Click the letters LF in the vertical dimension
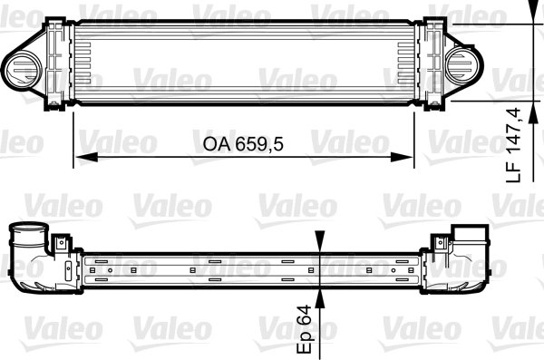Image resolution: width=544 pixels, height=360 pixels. [514, 169]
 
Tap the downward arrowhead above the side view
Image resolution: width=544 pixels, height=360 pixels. [318, 243]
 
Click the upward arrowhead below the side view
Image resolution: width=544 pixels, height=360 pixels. [318, 297]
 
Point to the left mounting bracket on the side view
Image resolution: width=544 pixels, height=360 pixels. [62, 244]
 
